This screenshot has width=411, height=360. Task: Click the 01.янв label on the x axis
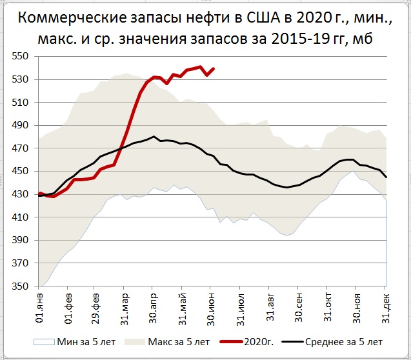coord(40,306)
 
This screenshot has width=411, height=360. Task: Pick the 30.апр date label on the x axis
coord(153,306)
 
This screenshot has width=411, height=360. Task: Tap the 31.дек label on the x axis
coord(386,306)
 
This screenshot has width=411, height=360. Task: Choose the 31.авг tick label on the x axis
coord(270,306)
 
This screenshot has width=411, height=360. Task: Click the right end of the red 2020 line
coord(214,68)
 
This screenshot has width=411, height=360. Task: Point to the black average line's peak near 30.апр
coord(154,137)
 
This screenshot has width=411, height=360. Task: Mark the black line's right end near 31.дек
coord(386,177)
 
